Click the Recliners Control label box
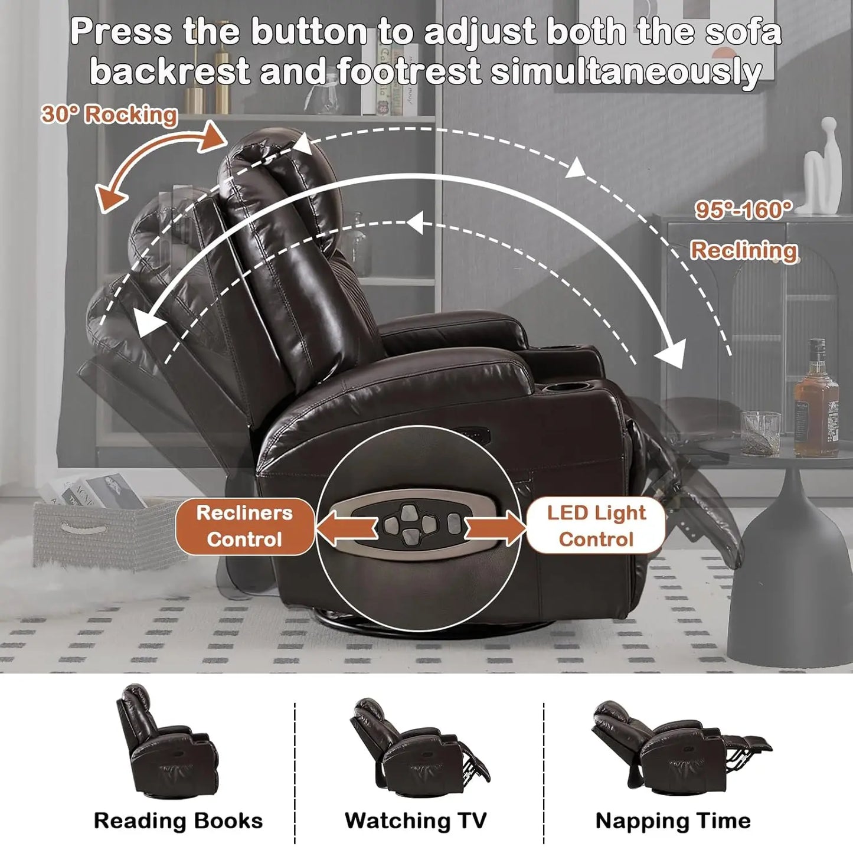click(244, 526)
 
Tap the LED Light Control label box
click(596, 526)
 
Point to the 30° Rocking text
click(109, 114)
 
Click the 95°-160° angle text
click(743, 210)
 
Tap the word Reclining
click(744, 250)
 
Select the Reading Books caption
click(178, 821)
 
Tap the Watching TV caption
click(416, 821)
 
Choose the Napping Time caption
click(673, 821)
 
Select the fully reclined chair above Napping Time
click(679, 747)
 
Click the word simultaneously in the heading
click(626, 72)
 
